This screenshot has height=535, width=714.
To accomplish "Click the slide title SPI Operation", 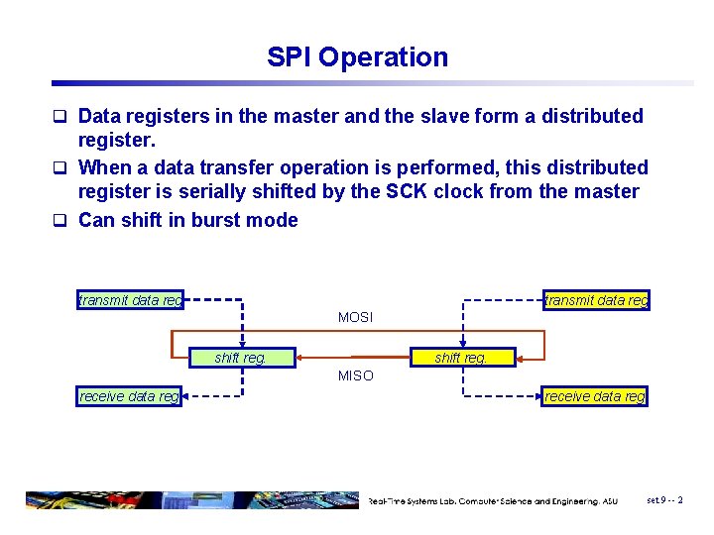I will pos(357,57).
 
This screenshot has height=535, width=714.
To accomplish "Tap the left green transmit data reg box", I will pos(130,300).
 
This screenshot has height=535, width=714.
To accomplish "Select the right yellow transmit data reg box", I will pos(597,300).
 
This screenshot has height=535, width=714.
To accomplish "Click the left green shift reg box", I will pos(241,358).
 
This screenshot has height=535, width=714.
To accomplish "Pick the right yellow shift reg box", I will pos(461,358).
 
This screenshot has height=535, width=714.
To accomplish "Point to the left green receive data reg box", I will pos(130,396).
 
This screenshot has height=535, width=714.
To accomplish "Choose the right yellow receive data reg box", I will pos(595,396).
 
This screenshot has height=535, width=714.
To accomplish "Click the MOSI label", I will pos(355,317).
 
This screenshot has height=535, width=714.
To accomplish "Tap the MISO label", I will pos(355,375).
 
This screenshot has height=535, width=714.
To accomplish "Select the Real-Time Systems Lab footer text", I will pos(493,501).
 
